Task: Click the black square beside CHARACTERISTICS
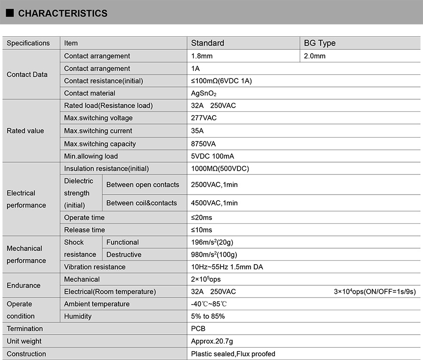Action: click(10, 13)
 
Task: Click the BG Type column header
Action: click(320, 43)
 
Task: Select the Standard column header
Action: click(207, 43)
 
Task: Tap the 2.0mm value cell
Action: click(314, 56)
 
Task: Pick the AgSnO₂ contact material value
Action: click(204, 94)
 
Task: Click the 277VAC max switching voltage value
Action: click(204, 118)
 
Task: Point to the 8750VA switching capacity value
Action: click(204, 144)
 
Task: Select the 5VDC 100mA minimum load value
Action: click(212, 156)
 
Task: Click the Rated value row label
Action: click(25, 131)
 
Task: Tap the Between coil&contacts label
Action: click(141, 203)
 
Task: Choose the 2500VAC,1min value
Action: click(214, 185)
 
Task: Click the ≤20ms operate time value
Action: click(201, 218)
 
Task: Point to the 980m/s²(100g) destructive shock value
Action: click(214, 255)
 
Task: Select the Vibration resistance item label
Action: click(95, 267)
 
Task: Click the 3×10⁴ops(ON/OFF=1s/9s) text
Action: click(375, 292)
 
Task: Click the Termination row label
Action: click(24, 329)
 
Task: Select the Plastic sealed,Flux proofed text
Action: click(233, 354)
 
